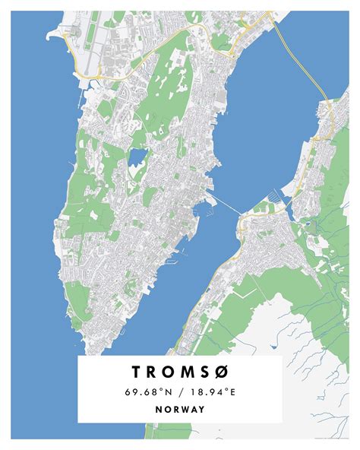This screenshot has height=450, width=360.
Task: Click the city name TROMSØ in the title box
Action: coord(179,372)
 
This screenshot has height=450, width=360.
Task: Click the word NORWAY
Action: coord(179,409)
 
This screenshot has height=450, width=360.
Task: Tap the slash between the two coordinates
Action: coord(180,391)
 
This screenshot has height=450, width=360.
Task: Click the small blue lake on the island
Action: coord(137,157)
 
